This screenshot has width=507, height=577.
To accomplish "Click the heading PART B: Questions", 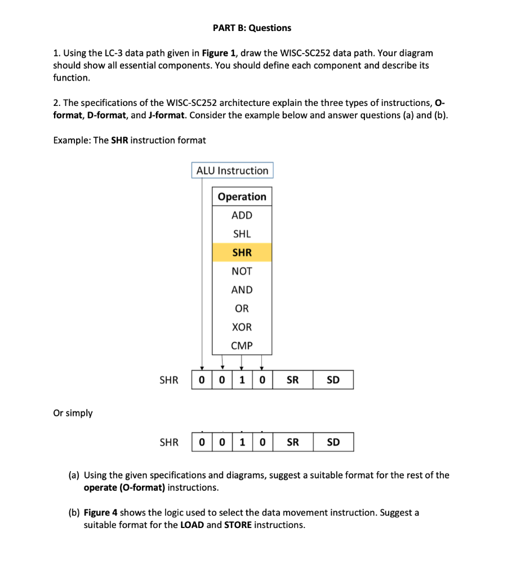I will (252, 28).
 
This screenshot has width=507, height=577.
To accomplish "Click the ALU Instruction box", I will (232, 170).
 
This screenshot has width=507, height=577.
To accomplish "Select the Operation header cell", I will (242, 197).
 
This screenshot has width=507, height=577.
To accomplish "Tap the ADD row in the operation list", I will (242, 215).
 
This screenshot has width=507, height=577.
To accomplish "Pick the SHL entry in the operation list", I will (242, 234).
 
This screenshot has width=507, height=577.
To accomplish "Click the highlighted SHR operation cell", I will (242, 252).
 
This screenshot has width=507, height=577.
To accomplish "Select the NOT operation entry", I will (242, 271).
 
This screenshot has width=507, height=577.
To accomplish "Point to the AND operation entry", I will (242, 290).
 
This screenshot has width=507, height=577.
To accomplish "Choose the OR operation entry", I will (242, 308).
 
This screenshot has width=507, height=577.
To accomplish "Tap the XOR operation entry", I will (242, 327).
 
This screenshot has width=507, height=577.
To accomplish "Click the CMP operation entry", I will (242, 345).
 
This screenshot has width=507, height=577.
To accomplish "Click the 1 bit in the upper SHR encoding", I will (242, 380).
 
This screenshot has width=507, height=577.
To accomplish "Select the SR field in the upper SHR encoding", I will (292, 380).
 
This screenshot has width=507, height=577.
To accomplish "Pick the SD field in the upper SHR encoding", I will (333, 380).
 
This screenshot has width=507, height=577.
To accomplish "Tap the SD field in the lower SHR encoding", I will (333, 442).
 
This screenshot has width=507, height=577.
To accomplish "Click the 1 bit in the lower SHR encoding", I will (242, 442).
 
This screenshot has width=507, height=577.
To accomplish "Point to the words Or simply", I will (73, 413).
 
